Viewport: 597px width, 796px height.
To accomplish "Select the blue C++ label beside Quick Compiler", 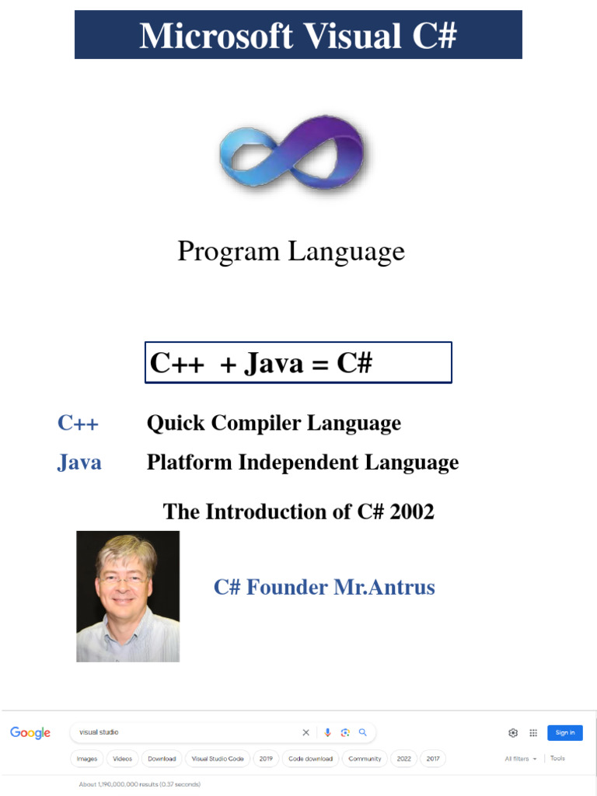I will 78,423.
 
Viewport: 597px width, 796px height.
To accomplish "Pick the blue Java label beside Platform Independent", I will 79,463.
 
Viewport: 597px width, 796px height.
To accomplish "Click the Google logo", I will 30,733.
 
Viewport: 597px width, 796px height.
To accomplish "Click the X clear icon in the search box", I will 305,732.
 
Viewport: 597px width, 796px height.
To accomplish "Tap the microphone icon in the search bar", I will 327,732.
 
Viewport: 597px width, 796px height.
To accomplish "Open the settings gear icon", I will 513,732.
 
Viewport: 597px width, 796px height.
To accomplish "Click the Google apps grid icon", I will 533,732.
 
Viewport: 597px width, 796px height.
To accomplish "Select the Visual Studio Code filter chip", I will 218,759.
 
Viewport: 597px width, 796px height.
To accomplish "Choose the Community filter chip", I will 365,759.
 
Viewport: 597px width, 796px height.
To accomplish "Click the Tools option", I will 557,758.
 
